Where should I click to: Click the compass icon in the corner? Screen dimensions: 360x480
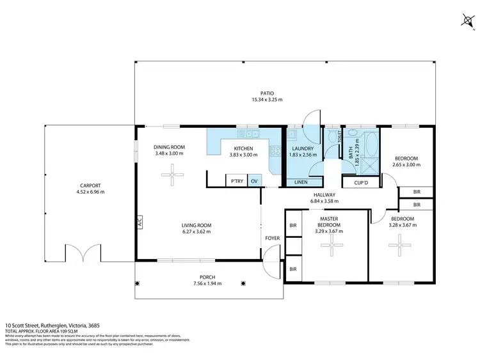click(467, 21)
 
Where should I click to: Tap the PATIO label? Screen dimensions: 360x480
click(267, 93)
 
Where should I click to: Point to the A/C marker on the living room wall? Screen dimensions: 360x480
click(138, 223)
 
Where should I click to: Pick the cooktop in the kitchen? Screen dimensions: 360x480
click(276, 152)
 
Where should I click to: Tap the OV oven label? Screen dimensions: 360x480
click(255, 182)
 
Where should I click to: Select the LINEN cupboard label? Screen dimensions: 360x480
click(300, 182)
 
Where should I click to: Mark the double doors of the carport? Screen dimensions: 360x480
click(83, 253)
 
